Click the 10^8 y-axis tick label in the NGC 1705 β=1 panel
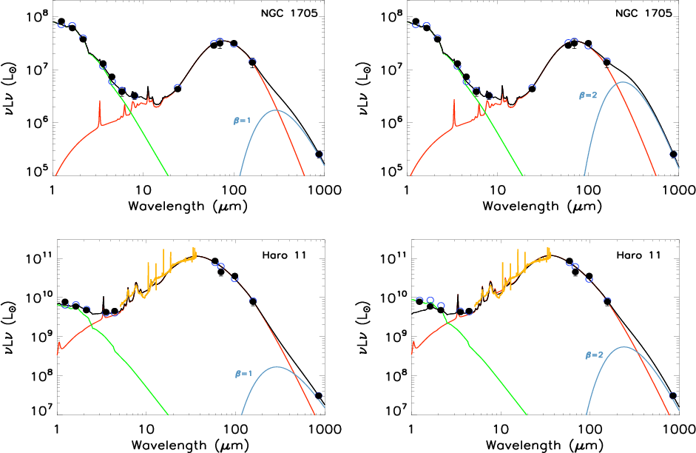(x=37, y=16)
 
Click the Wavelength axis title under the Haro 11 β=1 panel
(x=188, y=446)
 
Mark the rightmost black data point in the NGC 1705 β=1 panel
(x=319, y=154)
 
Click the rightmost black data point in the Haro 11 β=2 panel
(x=673, y=396)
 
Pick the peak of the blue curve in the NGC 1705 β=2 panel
(x=623, y=82)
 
